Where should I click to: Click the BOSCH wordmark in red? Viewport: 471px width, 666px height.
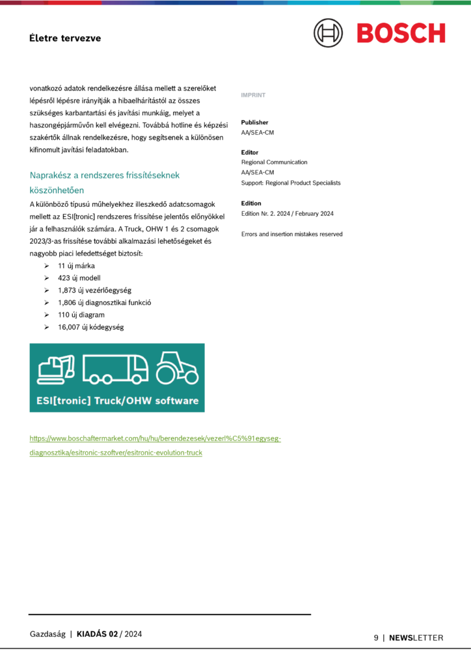pos(401,33)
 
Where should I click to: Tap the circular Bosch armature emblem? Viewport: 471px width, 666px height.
pos(328,33)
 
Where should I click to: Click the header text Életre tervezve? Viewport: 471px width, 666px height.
pos(65,38)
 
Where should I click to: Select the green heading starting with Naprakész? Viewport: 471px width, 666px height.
pos(104,175)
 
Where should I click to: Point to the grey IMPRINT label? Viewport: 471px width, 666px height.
pos(253,95)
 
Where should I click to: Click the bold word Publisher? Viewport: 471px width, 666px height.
pos(254,122)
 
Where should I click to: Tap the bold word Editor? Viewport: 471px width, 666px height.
pos(250,152)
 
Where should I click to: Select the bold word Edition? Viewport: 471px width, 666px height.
pos(251,204)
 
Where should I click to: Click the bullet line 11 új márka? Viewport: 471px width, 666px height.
pos(77,266)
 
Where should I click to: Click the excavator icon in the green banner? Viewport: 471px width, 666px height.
pos(56,367)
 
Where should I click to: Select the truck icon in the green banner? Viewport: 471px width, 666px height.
pos(115,369)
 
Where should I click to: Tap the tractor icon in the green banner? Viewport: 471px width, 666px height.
pos(176,367)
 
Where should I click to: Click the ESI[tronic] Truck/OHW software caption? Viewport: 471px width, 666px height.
pos(117,401)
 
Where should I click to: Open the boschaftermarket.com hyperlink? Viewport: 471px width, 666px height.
pos(155,439)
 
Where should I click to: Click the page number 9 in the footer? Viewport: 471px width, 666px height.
pos(376,638)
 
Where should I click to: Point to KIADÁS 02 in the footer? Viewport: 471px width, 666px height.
pos(98,634)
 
